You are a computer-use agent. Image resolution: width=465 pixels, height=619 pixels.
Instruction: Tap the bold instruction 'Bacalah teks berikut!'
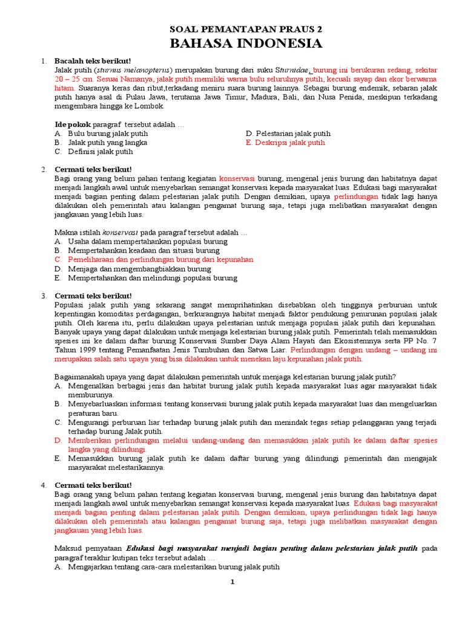[93, 62]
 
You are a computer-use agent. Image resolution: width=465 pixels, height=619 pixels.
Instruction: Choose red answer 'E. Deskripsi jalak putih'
[285, 143]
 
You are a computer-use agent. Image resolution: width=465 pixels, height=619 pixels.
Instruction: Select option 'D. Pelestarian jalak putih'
[288, 134]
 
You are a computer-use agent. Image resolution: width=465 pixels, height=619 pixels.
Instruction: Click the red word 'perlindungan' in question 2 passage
[355, 196]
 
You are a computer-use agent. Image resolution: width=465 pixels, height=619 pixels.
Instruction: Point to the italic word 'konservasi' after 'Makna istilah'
[120, 232]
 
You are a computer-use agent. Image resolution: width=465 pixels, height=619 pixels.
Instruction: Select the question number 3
[44, 296]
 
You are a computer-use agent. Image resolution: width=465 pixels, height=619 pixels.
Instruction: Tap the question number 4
[44, 485]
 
